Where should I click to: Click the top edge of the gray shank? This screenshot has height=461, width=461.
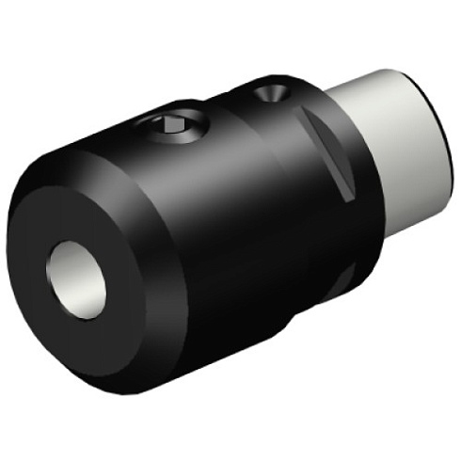[x=386, y=77]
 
